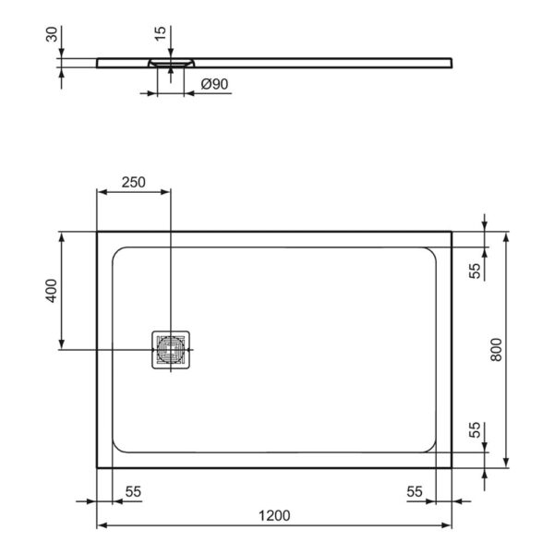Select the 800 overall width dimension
[496, 349]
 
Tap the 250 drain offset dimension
[134, 182]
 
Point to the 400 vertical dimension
[53, 291]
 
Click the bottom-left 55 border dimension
[132, 493]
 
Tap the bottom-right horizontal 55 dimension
[414, 493]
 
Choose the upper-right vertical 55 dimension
[476, 271]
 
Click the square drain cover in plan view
[170, 349]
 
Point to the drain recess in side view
[170, 63]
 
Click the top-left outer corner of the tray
[98, 232]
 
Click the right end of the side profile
[452, 62]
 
